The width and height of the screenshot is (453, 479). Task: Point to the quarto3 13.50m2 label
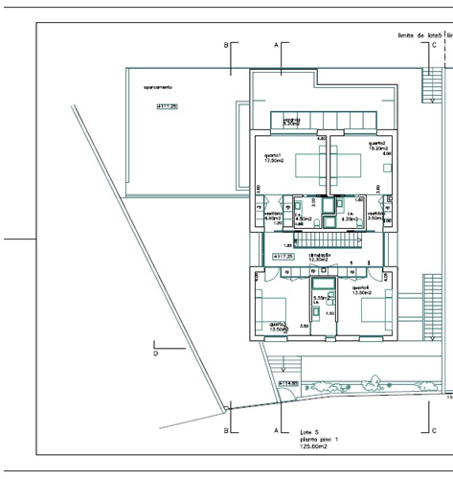coord(279,326)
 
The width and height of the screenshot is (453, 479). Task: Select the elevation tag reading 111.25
coord(167,106)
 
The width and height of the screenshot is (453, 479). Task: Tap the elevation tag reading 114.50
coord(288,383)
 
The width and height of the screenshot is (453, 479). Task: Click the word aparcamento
coord(158,88)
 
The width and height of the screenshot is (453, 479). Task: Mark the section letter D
coord(155,354)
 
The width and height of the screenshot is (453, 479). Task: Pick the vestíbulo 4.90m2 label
coord(272,216)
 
